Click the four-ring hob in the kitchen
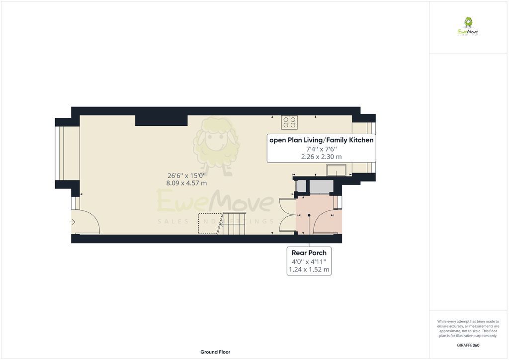[289, 122]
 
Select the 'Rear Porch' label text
[309, 253]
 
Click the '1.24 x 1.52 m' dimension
[309, 270]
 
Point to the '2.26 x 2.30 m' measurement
[321, 157]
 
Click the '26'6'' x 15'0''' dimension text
[186, 175]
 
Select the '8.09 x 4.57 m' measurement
[186, 183]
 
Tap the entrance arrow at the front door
[73, 222]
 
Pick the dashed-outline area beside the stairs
[209, 223]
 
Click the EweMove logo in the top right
[468, 26]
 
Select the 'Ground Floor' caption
[215, 352]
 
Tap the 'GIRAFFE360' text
[468, 345]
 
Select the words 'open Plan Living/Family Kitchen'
[321, 140]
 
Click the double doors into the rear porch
[288, 215]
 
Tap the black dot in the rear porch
[309, 215]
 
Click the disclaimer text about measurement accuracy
[468, 328]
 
